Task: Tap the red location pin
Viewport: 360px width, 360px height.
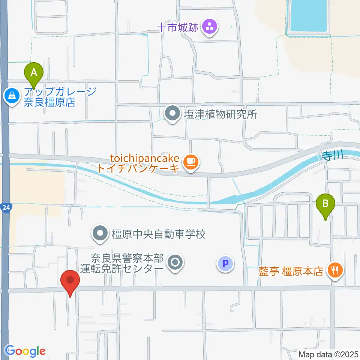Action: pos(70,282)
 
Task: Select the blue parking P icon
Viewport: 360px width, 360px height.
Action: pos(225,264)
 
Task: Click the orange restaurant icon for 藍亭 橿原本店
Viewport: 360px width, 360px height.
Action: pos(334,270)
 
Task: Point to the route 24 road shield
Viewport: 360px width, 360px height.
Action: pos(6,207)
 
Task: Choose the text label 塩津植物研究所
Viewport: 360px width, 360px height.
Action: pos(220,114)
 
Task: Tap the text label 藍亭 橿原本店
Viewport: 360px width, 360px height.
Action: pos(291,271)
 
